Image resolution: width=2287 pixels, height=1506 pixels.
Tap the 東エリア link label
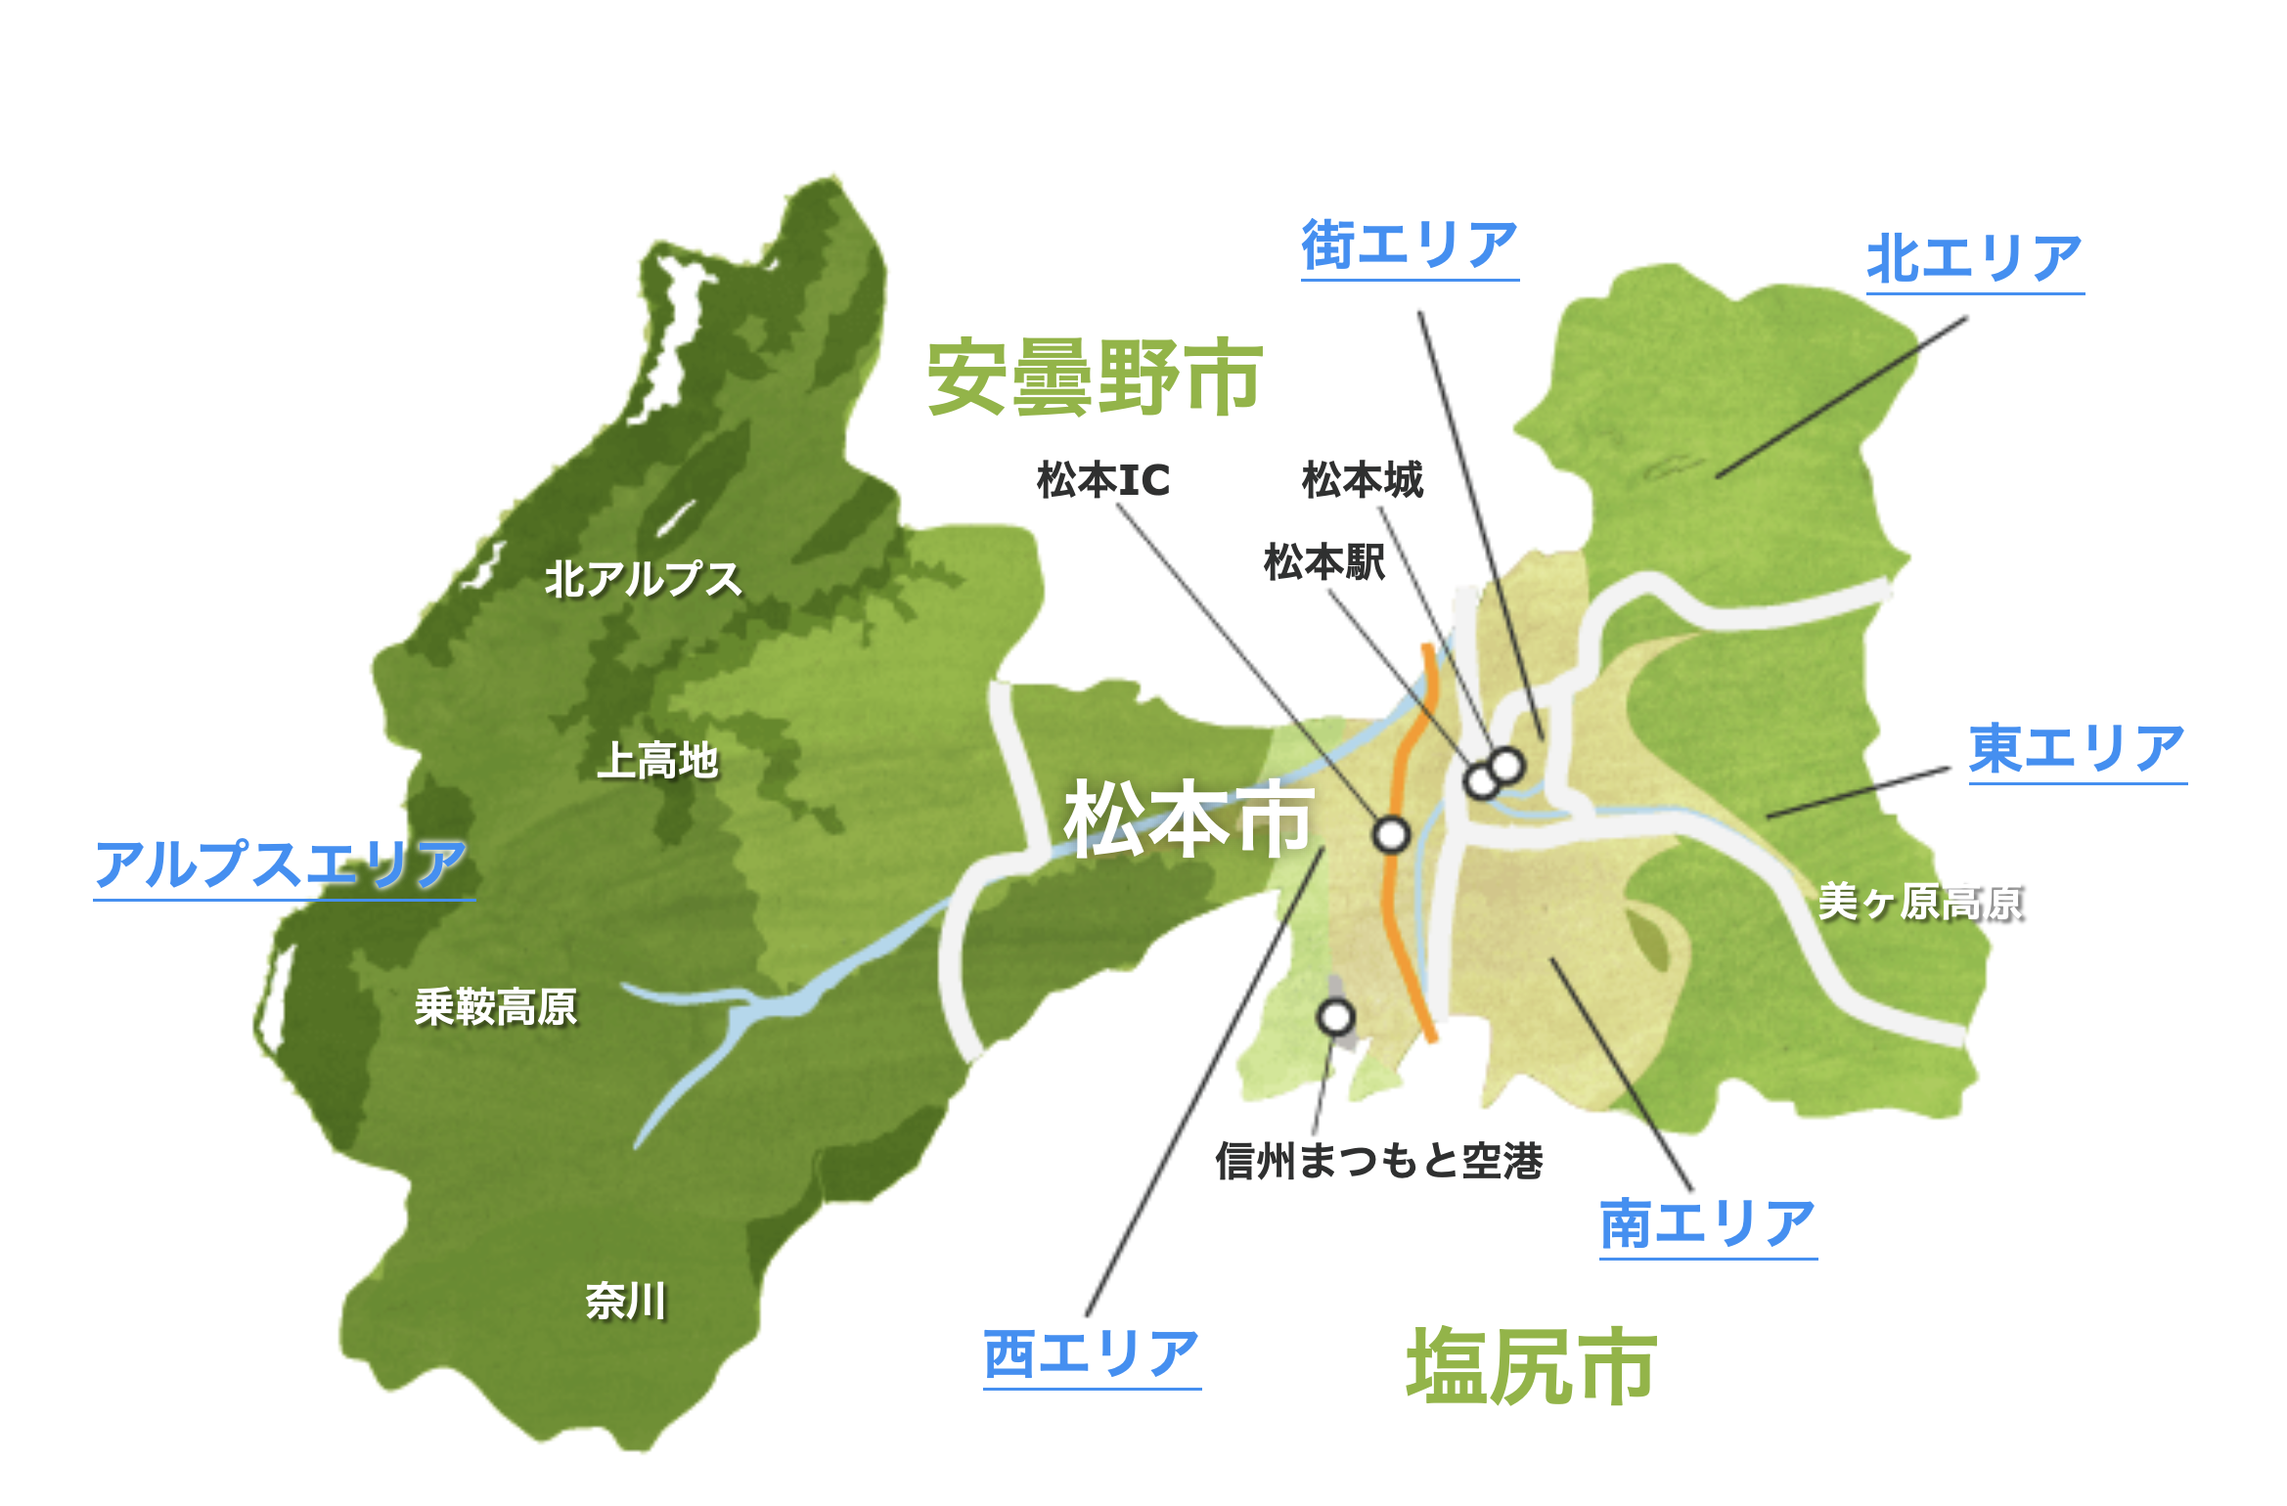[x=2077, y=749]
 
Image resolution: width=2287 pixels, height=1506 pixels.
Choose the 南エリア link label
[x=1708, y=1224]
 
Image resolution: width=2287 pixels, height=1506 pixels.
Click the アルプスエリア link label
[x=282, y=864]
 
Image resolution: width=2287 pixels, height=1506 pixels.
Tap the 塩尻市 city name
[x=1532, y=1367]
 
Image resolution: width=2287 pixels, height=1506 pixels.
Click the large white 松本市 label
[x=1188, y=819]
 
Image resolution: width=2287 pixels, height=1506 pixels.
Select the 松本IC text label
[x=1103, y=480]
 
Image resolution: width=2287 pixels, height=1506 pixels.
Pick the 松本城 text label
[x=1363, y=480]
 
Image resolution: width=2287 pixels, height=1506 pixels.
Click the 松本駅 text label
[x=1324, y=562]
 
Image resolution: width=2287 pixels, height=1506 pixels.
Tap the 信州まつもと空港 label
[x=1379, y=1162]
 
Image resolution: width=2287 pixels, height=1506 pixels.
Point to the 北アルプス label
[x=644, y=579]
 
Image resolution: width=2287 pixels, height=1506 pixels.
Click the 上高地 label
[x=658, y=761]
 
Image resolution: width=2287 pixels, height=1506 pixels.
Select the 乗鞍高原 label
[x=496, y=1007]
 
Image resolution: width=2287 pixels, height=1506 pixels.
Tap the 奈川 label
[x=626, y=1302]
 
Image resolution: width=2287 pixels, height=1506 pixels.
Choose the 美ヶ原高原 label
[x=1919, y=903]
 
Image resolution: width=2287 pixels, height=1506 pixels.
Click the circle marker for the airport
[x=1336, y=1017]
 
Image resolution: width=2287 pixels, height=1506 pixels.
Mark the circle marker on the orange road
[x=1391, y=834]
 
